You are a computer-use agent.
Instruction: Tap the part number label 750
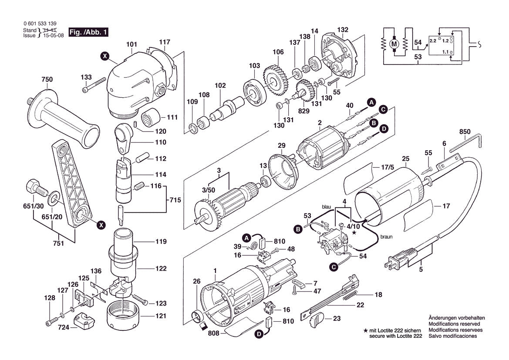47,79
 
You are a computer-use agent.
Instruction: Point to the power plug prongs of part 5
389,262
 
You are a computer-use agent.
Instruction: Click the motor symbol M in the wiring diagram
394,43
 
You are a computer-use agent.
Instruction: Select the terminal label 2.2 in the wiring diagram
432,41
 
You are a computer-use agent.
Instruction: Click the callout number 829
303,112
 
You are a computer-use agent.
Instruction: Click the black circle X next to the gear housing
104,55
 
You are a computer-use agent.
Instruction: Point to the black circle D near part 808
258,334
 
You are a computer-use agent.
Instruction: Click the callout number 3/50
208,190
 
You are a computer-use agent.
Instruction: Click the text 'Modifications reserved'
454,324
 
